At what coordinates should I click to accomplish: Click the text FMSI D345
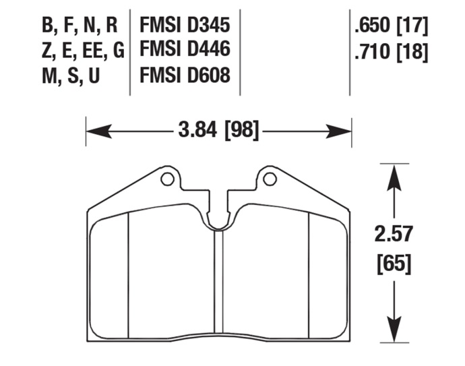click(x=185, y=26)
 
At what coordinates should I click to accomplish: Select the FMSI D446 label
click(x=185, y=50)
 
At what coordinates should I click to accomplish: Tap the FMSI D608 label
click(x=185, y=74)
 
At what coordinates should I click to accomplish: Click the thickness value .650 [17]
click(x=390, y=26)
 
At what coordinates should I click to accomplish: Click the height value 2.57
click(x=394, y=234)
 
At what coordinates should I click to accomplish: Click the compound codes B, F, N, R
click(x=80, y=26)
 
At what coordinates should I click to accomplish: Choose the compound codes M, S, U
click(x=71, y=74)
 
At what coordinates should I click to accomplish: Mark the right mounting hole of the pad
click(x=270, y=179)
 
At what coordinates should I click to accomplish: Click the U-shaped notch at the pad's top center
click(x=218, y=219)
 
